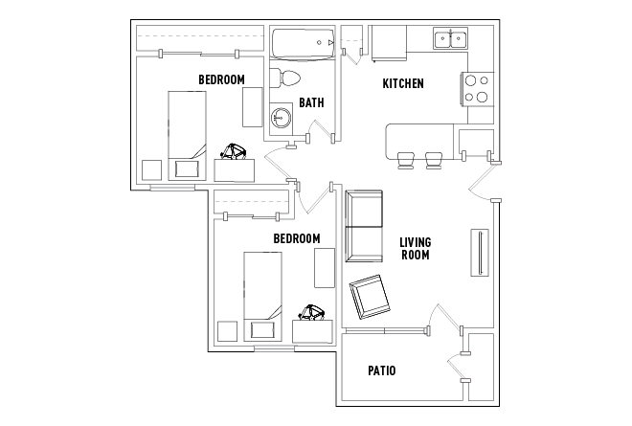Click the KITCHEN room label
pyautogui.click(x=402, y=83)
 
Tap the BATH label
pyautogui.click(x=311, y=102)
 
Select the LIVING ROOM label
pyautogui.click(x=416, y=248)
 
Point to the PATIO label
pyautogui.click(x=382, y=370)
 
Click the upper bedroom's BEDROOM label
pyautogui.click(x=221, y=79)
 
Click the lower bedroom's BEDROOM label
pyautogui.click(x=297, y=238)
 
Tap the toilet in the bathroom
pyautogui.click(x=284, y=78)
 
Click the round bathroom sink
pyautogui.click(x=281, y=117)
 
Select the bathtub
pyautogui.click(x=304, y=44)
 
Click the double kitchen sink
pyautogui.click(x=450, y=38)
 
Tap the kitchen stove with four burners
pyautogui.click(x=478, y=89)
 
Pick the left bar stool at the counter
pyautogui.click(x=405, y=161)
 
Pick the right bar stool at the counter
pyautogui.click(x=434, y=161)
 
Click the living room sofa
pyautogui.click(x=364, y=226)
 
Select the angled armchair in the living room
pyautogui.click(x=370, y=297)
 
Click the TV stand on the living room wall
pyautogui.click(x=480, y=253)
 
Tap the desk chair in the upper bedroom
pyautogui.click(x=234, y=151)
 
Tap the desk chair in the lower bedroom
pyautogui.click(x=311, y=313)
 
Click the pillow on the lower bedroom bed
pyautogui.click(x=262, y=329)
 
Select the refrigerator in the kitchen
pyautogui.click(x=389, y=43)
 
